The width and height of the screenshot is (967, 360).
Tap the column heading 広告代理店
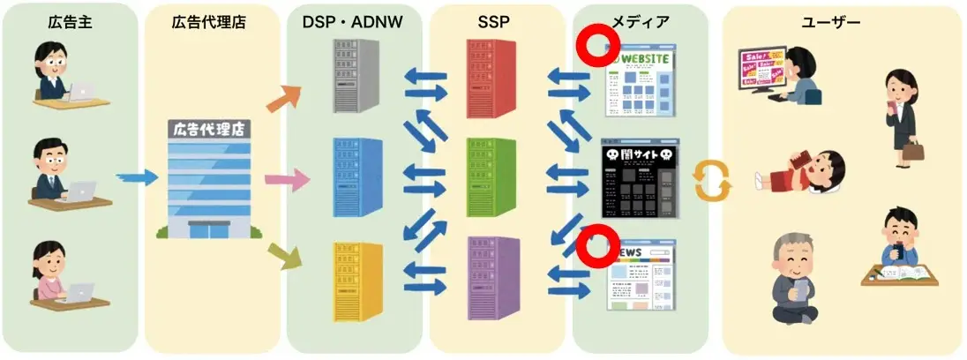[x=209, y=23]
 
